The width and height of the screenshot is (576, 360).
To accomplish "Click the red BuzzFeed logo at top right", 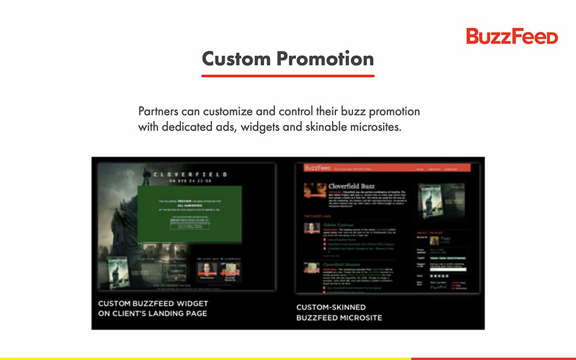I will click(x=511, y=36).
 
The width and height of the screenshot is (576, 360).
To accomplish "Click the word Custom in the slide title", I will click(x=236, y=59).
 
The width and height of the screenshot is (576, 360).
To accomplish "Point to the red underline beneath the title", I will click(x=287, y=75).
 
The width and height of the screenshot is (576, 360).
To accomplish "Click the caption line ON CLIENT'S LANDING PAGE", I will click(x=152, y=313).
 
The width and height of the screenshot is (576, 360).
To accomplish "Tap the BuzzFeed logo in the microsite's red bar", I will click(x=317, y=168).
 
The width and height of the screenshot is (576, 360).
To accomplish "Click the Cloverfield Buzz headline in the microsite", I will click(x=351, y=186).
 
